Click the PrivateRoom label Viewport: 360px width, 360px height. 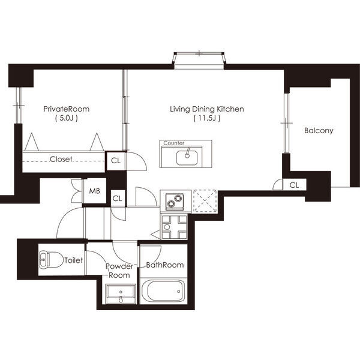[x=67, y=109]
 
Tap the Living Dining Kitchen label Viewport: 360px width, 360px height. [x=207, y=109]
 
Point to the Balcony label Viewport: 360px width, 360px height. [x=319, y=131]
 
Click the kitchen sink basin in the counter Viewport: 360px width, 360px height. [x=187, y=157]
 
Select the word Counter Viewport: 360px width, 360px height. [x=174, y=143]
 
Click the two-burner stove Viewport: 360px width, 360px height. [x=175, y=202]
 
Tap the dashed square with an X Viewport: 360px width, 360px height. [x=205, y=201]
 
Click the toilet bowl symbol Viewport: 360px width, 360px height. [x=51, y=260]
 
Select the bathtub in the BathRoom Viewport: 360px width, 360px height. [x=163, y=291]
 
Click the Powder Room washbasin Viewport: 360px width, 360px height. [x=121, y=294]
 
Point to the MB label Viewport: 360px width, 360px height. [x=95, y=191]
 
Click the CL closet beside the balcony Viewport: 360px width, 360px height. [x=294, y=185]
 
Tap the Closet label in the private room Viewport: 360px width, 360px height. [x=61, y=159]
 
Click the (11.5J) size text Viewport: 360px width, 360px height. [x=207, y=118]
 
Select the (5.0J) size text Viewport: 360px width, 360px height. [x=67, y=118]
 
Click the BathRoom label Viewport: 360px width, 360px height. [x=165, y=265]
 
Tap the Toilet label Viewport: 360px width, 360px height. [x=73, y=260]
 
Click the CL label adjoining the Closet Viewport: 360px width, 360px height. [x=116, y=161]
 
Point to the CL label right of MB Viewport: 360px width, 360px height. [x=118, y=199]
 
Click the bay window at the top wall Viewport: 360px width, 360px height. [x=199, y=61]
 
